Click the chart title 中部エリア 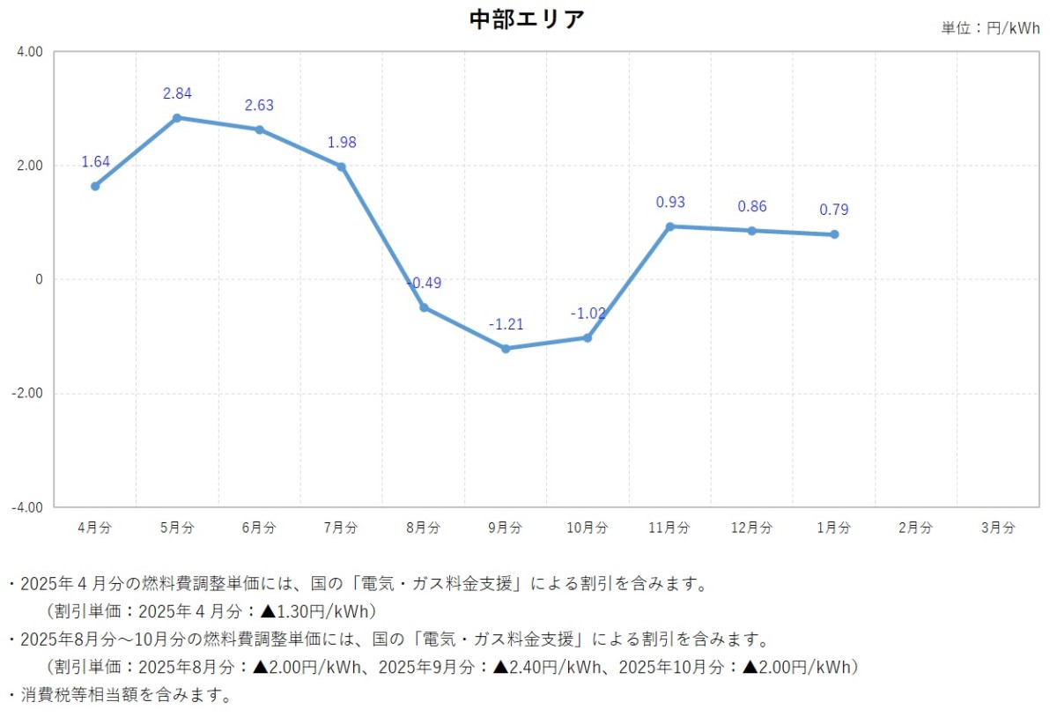[x=528, y=19]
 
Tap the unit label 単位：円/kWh [x=990, y=28]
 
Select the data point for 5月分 [x=177, y=117]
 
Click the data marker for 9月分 [x=506, y=349]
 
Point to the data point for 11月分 [x=669, y=226]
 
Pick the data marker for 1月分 [x=834, y=234]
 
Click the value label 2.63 [x=259, y=106]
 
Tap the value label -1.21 [x=506, y=324]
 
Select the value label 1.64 [x=95, y=162]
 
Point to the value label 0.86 [x=752, y=207]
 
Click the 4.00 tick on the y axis [x=30, y=52]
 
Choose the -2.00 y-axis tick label [x=28, y=394]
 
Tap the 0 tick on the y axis [x=38, y=279]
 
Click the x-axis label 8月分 [x=423, y=528]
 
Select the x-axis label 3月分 [x=997, y=528]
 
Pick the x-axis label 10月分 [x=587, y=528]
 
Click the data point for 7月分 [x=341, y=166]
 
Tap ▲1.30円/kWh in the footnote [x=317, y=610]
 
